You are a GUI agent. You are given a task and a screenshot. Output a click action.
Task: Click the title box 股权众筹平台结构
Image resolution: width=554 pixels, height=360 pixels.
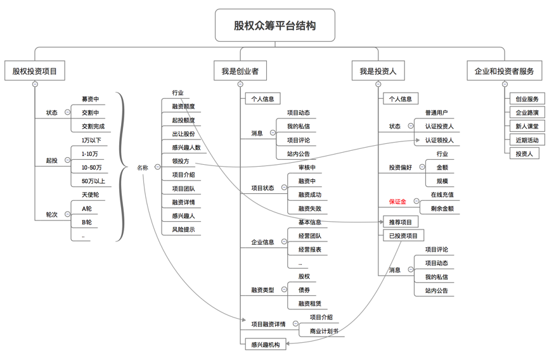point(274,26)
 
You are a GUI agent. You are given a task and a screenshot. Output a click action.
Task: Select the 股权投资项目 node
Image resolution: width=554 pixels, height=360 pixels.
point(34,71)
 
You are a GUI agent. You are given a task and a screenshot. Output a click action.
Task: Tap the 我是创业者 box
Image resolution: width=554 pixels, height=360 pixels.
point(240,71)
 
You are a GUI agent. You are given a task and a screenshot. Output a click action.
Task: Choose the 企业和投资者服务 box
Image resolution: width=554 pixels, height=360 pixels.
point(504,71)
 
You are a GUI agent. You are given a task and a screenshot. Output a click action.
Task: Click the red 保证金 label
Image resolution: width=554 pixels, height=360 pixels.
point(397,202)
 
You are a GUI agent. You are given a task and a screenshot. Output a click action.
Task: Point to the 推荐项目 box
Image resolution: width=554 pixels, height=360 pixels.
point(400,222)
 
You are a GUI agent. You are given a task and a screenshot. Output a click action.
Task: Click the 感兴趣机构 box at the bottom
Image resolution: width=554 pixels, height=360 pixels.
point(265,345)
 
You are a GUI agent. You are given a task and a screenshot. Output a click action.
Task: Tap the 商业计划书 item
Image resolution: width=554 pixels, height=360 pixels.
point(324,331)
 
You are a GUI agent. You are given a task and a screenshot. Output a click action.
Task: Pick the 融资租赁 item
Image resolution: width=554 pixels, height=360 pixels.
point(309,304)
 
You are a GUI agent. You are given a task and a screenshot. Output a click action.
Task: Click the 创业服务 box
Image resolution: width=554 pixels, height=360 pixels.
point(527,99)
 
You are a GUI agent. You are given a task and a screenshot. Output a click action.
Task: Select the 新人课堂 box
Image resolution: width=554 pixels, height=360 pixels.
point(527,126)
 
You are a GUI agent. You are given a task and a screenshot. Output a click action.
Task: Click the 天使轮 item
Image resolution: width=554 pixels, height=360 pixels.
point(90,195)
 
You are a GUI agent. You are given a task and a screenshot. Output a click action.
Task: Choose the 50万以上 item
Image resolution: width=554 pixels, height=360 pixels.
point(93,181)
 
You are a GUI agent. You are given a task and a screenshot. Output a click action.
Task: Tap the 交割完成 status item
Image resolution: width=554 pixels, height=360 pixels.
point(93,126)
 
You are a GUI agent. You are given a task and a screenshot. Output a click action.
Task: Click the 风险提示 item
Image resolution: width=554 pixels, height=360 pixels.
point(183,229)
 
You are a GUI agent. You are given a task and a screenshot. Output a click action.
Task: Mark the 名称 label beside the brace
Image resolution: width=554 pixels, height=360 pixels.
point(143,168)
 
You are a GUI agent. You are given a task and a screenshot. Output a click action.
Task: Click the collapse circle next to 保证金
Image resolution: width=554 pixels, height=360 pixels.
point(416,202)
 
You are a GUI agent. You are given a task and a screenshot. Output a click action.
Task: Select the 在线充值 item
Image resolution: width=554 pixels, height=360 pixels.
point(442,195)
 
